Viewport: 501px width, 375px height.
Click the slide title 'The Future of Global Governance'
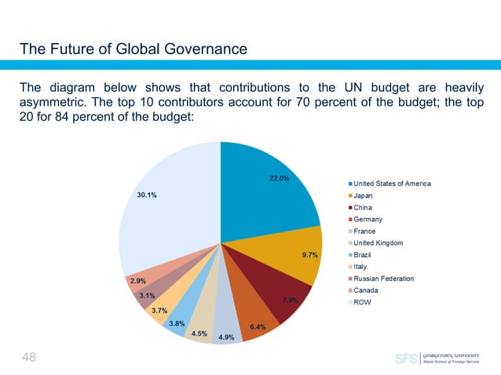click(x=133, y=50)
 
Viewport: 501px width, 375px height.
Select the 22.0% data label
click(x=280, y=178)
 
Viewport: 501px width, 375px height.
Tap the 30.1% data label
click(x=145, y=195)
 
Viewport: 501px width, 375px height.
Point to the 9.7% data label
click(x=309, y=254)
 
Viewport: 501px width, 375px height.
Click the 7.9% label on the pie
click(x=289, y=300)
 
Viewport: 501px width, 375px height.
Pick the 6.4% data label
click(x=258, y=326)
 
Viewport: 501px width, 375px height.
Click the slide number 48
click(x=29, y=358)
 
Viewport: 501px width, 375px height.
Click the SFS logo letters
click(x=406, y=359)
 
